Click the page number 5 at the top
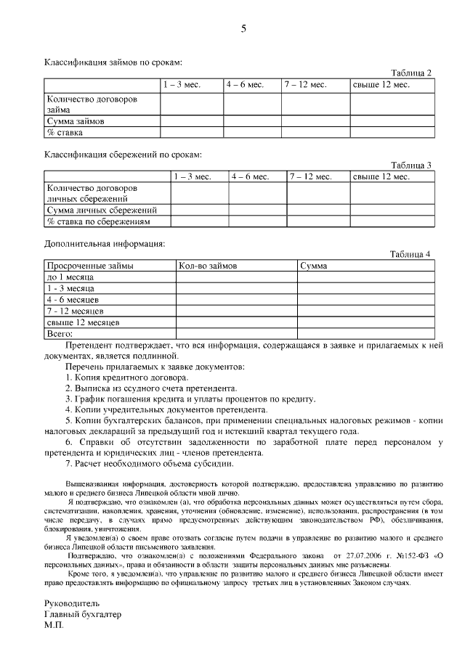pos(243,29)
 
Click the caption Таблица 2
pos(411,73)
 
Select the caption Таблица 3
pos(411,165)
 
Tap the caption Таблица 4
pos(411,254)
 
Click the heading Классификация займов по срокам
pos(113,64)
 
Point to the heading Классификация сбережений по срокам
pos(123,155)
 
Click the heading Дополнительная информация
pos(105,243)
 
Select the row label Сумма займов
pos(75,121)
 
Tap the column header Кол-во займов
pos(208,266)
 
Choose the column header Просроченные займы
pos(90,266)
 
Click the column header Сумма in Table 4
pos(313,266)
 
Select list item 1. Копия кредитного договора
pos(128,378)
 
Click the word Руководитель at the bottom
pos(72,603)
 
